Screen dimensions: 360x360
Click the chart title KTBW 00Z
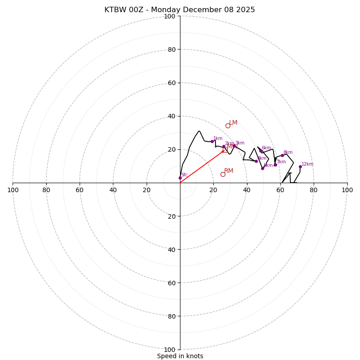click(180, 10)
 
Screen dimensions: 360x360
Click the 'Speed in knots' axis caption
click(180, 356)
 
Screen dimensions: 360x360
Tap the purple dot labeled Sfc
click(180, 178)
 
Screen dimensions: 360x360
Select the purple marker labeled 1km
click(212, 141)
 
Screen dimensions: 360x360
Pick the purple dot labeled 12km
click(300, 166)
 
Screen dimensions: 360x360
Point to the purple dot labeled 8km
click(282, 155)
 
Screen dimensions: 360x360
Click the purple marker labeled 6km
click(261, 151)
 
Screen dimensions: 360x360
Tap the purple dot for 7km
click(275, 165)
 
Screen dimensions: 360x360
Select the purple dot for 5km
click(262, 168)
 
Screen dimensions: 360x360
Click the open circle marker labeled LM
click(228, 126)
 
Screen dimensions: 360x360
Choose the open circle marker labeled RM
click(223, 174)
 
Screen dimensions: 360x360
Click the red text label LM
click(233, 123)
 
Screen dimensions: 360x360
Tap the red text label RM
click(229, 171)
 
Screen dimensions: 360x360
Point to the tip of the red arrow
click(224, 151)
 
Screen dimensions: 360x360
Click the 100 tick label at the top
click(170, 16)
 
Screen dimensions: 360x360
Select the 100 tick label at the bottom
click(170, 350)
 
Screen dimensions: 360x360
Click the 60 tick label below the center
click(171, 283)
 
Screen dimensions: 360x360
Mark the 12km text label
click(307, 164)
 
